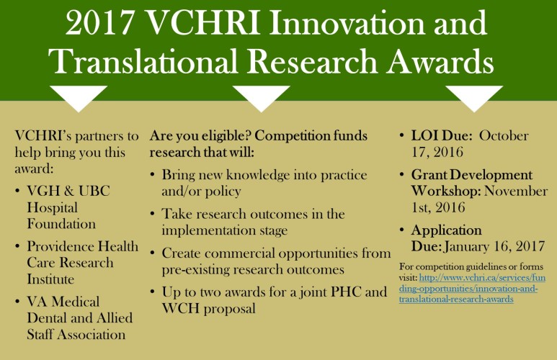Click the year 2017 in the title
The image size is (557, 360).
[x=99, y=23]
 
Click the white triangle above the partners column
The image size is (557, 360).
[x=79, y=99]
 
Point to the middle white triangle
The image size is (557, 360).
[x=261, y=99]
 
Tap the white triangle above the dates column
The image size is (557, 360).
[x=474, y=99]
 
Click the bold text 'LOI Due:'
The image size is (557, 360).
[x=442, y=135]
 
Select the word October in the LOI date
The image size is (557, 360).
[x=504, y=135]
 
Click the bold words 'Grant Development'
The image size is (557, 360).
[x=472, y=175]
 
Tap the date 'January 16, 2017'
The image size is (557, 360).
[x=494, y=246]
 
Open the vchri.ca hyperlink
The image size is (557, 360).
[x=472, y=288]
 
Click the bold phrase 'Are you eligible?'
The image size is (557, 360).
[x=201, y=135]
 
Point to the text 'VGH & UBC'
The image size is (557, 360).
[x=68, y=191]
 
